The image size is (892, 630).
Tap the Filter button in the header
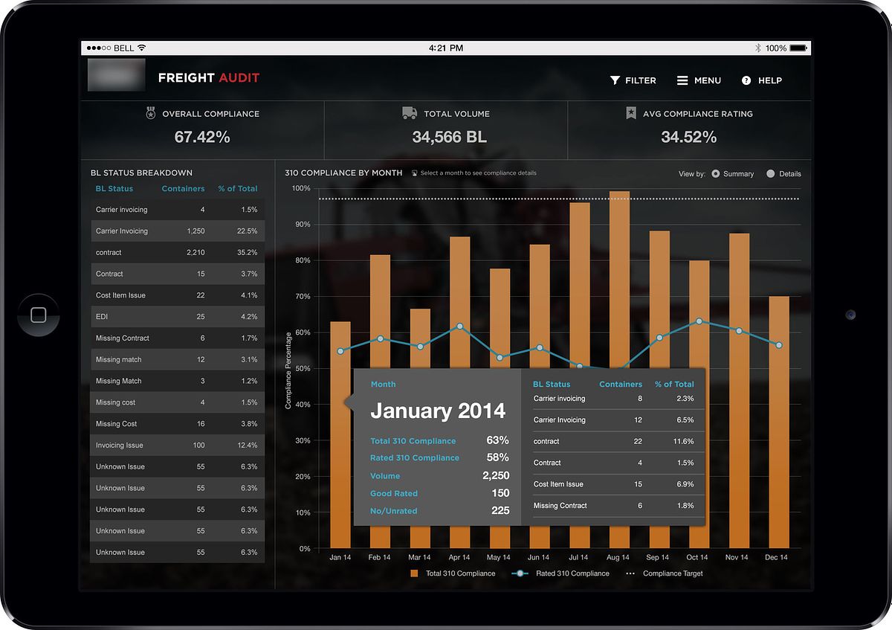(x=633, y=80)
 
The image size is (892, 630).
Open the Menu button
(x=699, y=80)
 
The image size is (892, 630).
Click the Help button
(x=762, y=80)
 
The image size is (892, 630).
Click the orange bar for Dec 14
(x=779, y=417)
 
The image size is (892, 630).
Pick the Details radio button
(x=771, y=174)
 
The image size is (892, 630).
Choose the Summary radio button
(x=716, y=174)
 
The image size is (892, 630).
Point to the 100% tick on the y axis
(x=300, y=188)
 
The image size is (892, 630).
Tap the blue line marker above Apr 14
(x=460, y=327)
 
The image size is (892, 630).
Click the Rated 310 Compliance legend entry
(x=561, y=573)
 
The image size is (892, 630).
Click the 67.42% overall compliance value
(x=202, y=137)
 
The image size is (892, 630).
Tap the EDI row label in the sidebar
(x=102, y=317)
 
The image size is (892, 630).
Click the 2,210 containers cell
(x=195, y=252)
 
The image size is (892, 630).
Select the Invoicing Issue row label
(x=120, y=446)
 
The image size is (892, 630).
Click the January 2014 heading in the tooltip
(x=438, y=411)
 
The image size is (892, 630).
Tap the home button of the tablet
(x=39, y=315)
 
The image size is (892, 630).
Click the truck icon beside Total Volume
(x=410, y=113)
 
